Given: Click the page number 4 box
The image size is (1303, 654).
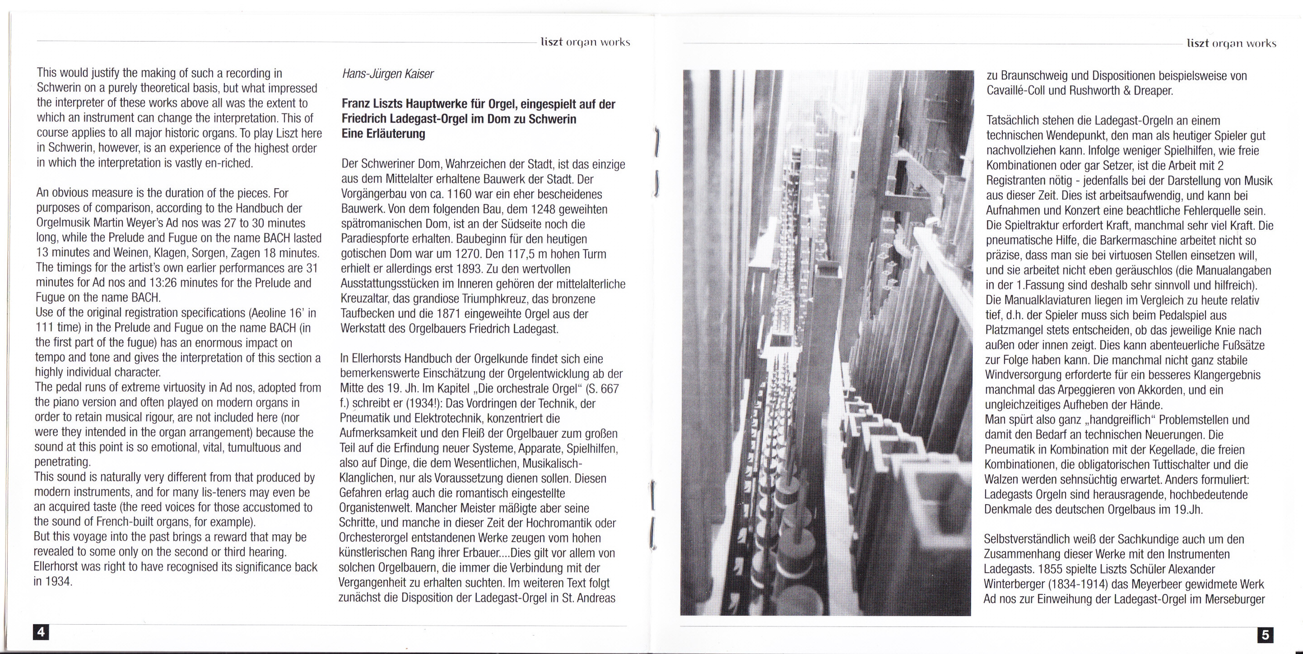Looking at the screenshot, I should (41, 632).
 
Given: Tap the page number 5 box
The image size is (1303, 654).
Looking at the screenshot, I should (1265, 635).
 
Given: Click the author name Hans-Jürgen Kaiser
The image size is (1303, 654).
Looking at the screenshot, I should (387, 74).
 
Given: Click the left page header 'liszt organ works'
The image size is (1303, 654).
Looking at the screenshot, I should (585, 42).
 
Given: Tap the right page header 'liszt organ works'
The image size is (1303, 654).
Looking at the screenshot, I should (1231, 43).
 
